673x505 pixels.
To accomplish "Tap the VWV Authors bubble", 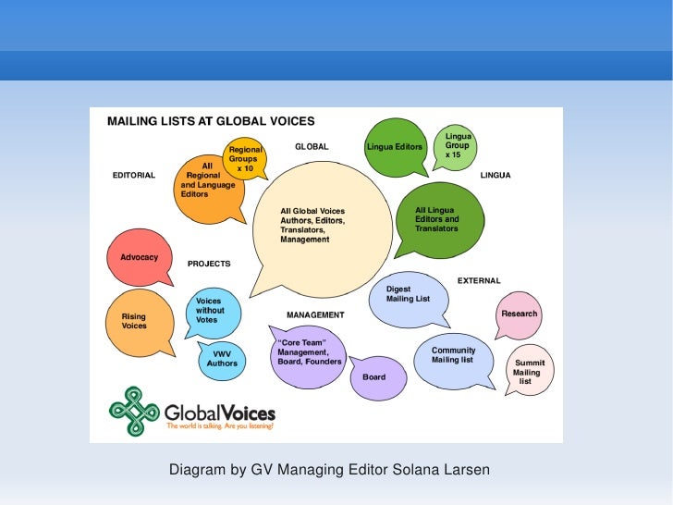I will pos(222,359).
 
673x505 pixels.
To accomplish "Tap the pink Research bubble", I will pos(519,314).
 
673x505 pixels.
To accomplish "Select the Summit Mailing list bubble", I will pos(530,370).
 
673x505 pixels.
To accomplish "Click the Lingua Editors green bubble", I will pos(395,147).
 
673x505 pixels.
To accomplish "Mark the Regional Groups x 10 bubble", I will pos(245,159).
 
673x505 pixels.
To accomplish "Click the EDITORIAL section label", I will pos(134,175).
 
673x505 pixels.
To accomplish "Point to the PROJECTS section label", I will pos(209,264).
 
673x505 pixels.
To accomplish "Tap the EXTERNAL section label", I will pos(479,280).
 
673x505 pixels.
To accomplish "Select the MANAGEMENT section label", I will pos(315,315).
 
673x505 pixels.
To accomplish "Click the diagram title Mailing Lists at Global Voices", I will pos(212,121).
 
